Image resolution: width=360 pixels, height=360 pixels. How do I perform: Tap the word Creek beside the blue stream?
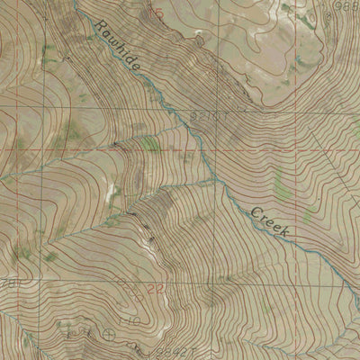[270, 221]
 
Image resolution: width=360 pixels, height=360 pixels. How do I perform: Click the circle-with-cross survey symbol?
[110, 335]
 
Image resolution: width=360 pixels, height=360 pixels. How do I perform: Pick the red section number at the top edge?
[158, 13]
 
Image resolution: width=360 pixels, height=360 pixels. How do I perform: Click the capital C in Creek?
[256, 211]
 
